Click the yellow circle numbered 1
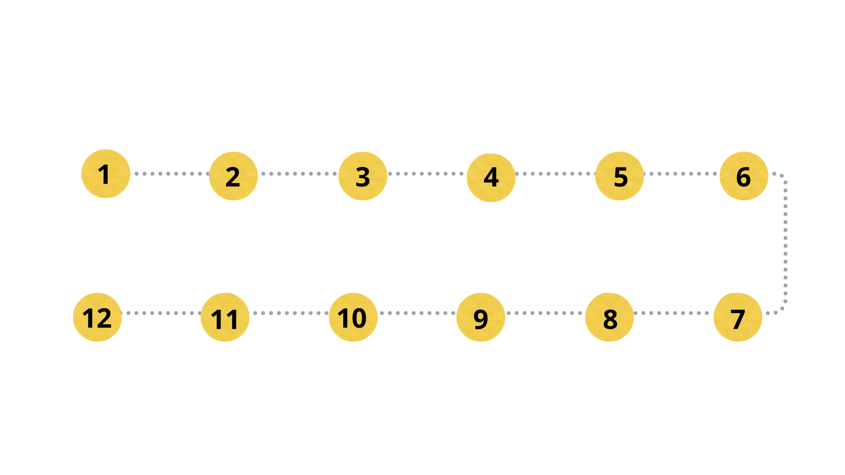[x=106, y=174]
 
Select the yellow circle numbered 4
[x=491, y=177]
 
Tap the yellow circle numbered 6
[x=744, y=176]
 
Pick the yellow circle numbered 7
[x=738, y=317]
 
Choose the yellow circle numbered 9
[x=481, y=317]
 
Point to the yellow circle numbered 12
[x=97, y=317]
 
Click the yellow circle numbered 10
[x=353, y=317]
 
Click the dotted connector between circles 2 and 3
[x=298, y=174]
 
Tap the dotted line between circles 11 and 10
[x=289, y=313]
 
